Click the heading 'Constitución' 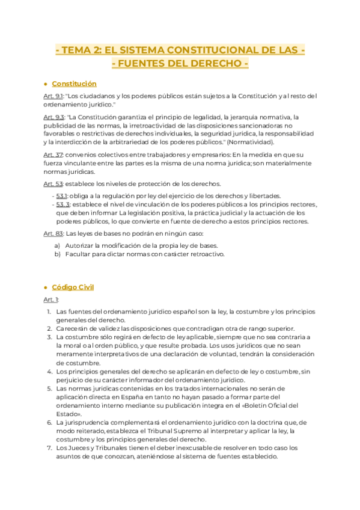click(74, 84)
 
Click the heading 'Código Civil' click(73, 287)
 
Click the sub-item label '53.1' click(61, 196)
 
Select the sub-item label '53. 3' click(63, 204)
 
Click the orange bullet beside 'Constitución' click(46, 84)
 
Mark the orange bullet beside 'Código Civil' click(46, 288)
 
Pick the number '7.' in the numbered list click(49, 448)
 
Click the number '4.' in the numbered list click(49, 372)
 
